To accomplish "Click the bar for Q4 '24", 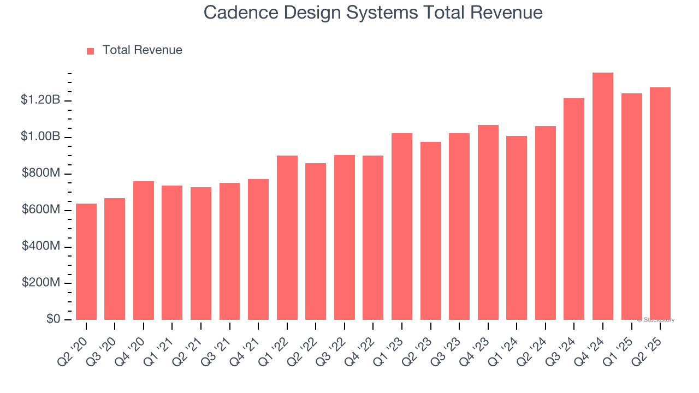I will coord(603,196).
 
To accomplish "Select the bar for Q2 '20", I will coord(86,262).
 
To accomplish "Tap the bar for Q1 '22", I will coord(287,238).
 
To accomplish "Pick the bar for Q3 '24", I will coord(574,209).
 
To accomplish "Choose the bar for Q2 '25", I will coord(660,204).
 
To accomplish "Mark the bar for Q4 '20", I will coord(144,251).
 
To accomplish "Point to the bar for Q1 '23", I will coord(402,227).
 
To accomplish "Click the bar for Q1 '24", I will coord(517,228).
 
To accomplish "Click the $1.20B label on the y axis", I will coord(40,100).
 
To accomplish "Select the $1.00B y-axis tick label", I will coord(40,136).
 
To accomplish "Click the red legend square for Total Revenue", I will coord(91,51).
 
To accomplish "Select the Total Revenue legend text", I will coord(143,50).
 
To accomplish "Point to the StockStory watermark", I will coord(656,320).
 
